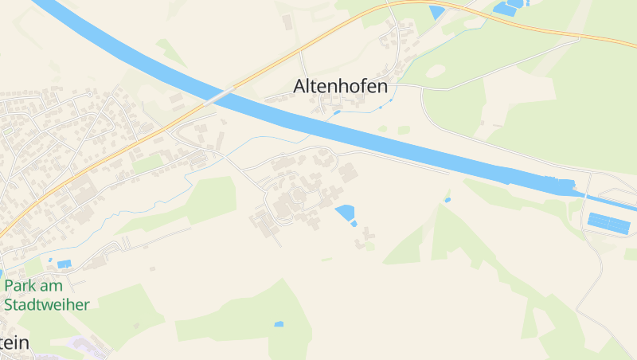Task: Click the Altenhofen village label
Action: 341,86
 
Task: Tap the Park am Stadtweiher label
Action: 46,295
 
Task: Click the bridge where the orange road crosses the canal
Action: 218,96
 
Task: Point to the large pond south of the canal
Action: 344,212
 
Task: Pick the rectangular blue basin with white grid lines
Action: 608,222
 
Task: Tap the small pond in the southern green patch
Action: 278,324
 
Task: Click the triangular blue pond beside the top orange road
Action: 437,12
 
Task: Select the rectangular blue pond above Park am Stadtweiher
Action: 64,264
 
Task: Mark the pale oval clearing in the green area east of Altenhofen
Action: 435,72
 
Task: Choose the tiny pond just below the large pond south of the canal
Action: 354,224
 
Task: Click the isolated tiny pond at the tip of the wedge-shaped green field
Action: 447,199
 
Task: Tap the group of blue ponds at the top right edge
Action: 507,8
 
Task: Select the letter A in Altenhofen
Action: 300,86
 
